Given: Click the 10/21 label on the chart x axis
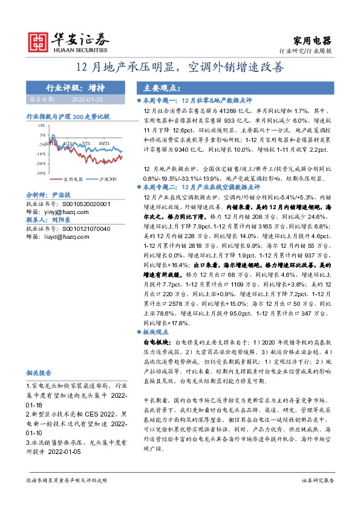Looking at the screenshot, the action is tap(104, 143).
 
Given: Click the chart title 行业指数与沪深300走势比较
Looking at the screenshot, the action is tap(68, 115).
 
